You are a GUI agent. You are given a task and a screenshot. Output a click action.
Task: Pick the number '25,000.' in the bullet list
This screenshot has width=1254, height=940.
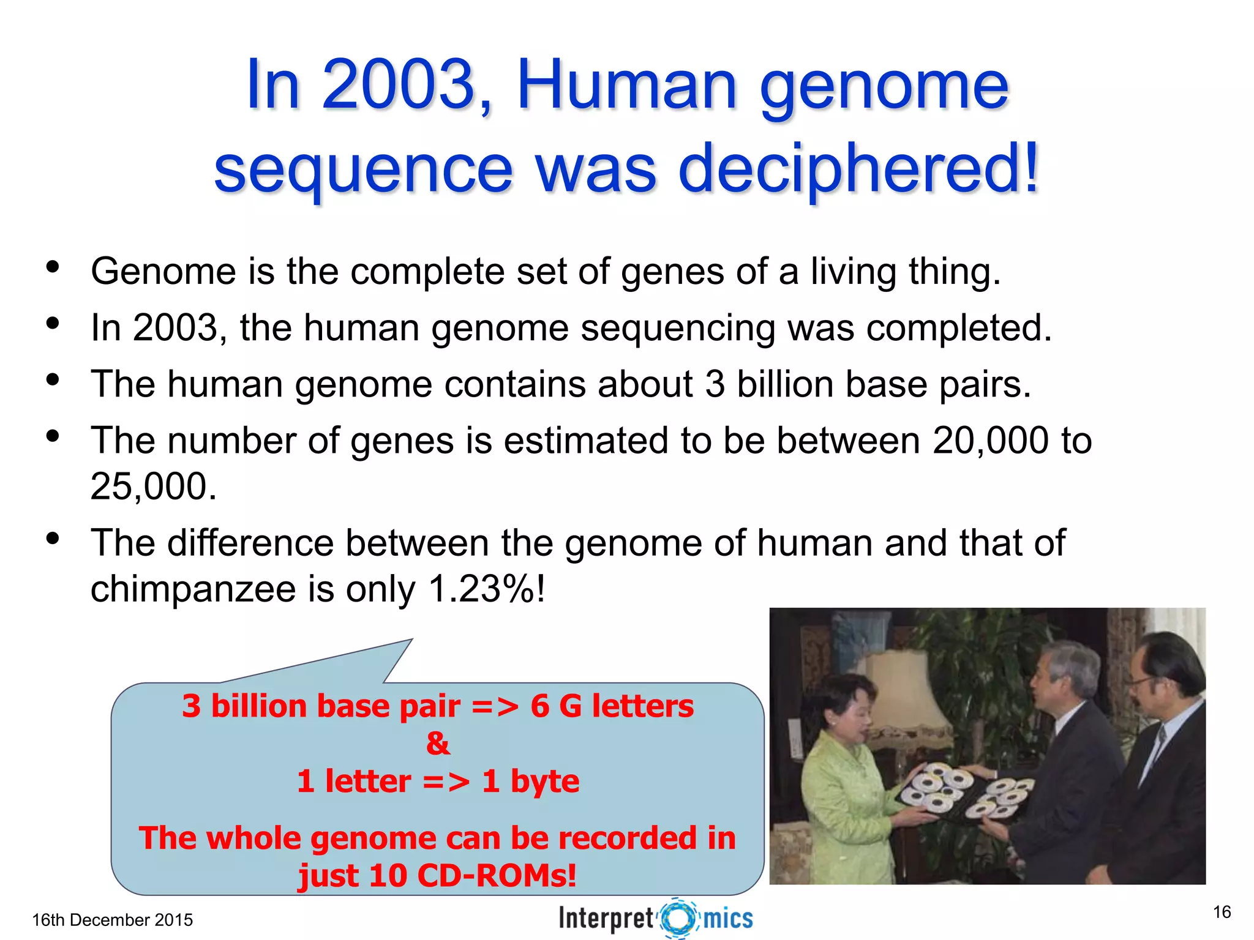(x=154, y=487)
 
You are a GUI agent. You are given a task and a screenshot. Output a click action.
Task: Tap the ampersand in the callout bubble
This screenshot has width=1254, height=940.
(x=438, y=744)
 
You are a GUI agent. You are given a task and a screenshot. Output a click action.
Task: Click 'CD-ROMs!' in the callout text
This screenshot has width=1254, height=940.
(x=497, y=875)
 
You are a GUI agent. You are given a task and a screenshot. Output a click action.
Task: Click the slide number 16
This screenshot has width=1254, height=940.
(x=1222, y=912)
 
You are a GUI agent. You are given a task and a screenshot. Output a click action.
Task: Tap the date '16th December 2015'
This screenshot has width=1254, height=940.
(x=112, y=920)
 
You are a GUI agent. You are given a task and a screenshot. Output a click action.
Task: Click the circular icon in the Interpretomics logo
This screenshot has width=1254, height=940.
(x=678, y=918)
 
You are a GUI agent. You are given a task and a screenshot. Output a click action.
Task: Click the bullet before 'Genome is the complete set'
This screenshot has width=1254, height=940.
(x=53, y=267)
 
